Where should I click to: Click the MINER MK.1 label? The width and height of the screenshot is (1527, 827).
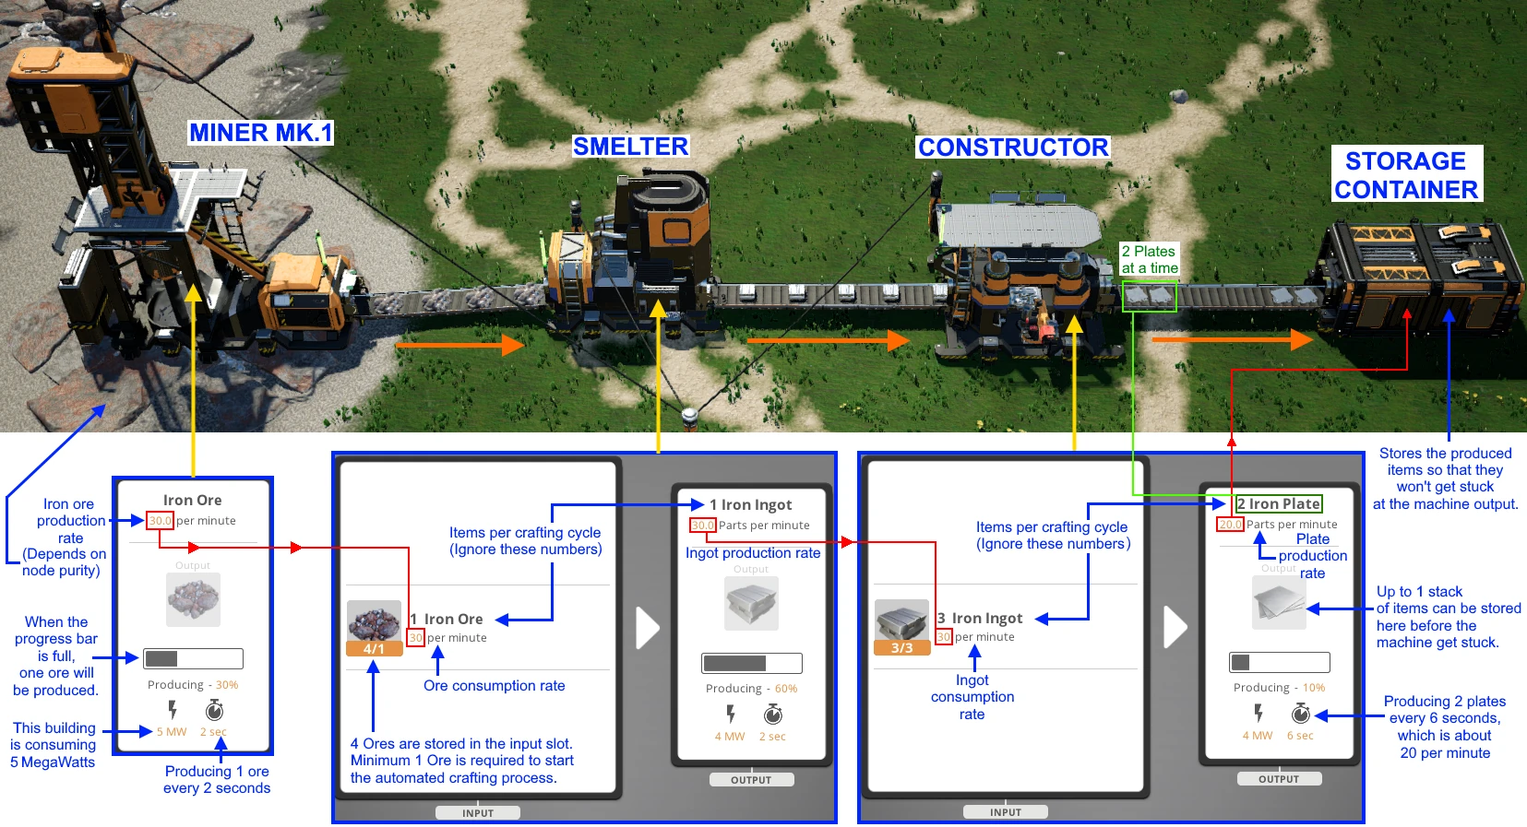tap(261, 133)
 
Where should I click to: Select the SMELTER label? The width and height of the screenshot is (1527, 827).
tap(630, 147)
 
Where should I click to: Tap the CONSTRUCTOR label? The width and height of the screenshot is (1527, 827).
tap(1012, 148)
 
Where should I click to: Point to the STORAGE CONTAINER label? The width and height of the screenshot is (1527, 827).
tap(1406, 175)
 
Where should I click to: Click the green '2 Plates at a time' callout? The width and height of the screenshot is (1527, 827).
tap(1149, 259)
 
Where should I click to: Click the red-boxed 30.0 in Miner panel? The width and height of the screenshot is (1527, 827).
tap(160, 521)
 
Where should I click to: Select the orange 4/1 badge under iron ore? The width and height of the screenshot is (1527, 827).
tap(374, 649)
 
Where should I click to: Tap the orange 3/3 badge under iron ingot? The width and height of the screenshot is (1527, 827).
tap(901, 648)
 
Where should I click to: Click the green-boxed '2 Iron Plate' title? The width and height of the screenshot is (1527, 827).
tap(1279, 503)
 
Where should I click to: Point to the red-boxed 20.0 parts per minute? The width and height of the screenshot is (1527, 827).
tap(1230, 525)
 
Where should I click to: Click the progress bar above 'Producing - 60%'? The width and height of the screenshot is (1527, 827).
tap(751, 663)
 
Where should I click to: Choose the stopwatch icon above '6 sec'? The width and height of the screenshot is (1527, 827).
tap(1301, 713)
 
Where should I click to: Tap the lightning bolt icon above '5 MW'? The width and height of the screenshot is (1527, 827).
tap(172, 710)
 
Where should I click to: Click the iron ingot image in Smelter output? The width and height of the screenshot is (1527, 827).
tap(751, 604)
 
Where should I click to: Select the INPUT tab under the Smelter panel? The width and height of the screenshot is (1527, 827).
tap(478, 813)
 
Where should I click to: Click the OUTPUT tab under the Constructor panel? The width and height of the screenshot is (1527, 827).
tap(1278, 779)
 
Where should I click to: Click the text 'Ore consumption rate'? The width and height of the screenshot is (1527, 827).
tap(494, 686)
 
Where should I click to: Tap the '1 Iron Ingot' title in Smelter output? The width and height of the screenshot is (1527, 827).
tap(750, 505)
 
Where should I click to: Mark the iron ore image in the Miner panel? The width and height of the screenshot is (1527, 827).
tap(193, 599)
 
